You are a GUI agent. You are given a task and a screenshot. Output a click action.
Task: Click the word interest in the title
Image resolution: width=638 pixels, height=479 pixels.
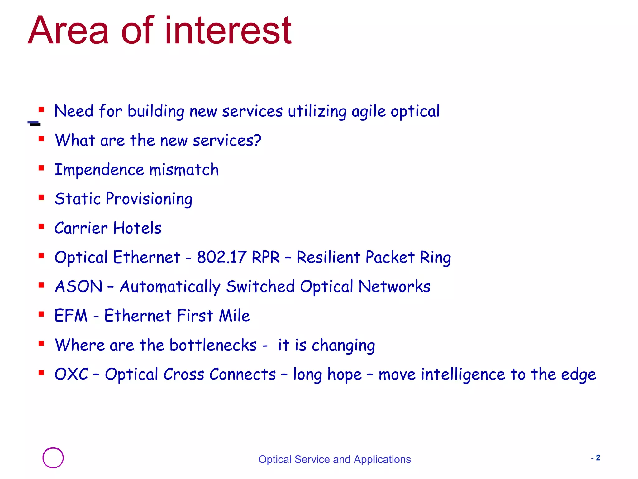(x=228, y=31)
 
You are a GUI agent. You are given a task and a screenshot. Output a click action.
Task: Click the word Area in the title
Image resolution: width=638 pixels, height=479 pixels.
(x=68, y=31)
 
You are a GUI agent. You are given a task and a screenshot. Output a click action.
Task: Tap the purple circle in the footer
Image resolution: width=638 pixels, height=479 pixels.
(x=53, y=457)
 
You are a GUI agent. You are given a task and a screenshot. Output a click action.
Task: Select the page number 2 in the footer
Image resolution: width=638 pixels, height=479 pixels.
(x=598, y=457)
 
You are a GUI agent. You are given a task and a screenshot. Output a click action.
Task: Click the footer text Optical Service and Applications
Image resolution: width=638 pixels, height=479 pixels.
(x=335, y=459)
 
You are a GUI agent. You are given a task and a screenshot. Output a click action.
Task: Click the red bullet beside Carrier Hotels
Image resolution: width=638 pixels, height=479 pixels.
(x=41, y=226)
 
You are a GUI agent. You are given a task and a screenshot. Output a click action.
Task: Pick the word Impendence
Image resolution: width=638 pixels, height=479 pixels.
(x=99, y=170)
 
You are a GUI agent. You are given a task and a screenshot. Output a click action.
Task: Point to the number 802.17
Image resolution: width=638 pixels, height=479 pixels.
(x=221, y=257)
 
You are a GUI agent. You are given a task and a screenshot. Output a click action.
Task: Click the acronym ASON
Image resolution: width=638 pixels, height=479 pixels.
(x=79, y=286)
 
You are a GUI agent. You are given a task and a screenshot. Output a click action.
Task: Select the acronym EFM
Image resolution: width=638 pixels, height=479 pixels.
(x=71, y=316)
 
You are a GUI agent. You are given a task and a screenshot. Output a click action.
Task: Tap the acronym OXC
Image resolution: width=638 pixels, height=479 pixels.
(x=71, y=374)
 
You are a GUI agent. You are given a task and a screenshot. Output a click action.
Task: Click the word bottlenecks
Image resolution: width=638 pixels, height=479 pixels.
(x=213, y=345)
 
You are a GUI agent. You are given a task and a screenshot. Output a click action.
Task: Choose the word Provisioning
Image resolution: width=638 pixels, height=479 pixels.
(x=149, y=199)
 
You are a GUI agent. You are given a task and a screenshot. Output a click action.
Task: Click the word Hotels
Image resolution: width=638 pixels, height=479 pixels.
(x=137, y=228)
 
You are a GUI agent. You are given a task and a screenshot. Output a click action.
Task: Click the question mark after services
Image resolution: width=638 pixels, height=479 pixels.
(x=257, y=140)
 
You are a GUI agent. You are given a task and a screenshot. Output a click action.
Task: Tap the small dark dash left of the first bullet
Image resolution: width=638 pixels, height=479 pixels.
(x=34, y=123)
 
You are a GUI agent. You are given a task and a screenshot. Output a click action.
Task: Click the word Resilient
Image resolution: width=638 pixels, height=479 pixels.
(x=328, y=257)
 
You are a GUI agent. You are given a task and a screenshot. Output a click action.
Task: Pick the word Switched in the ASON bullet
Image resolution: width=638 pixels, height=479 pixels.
(x=260, y=286)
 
